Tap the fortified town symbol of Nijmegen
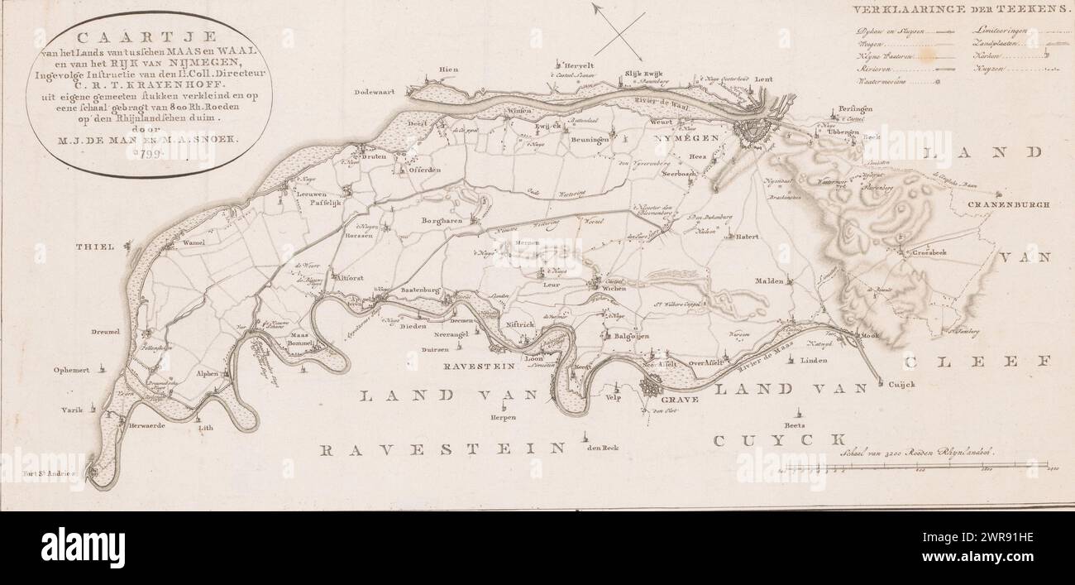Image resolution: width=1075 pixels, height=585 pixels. coord(754,132)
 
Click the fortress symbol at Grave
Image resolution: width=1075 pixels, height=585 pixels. coord(656,385)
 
